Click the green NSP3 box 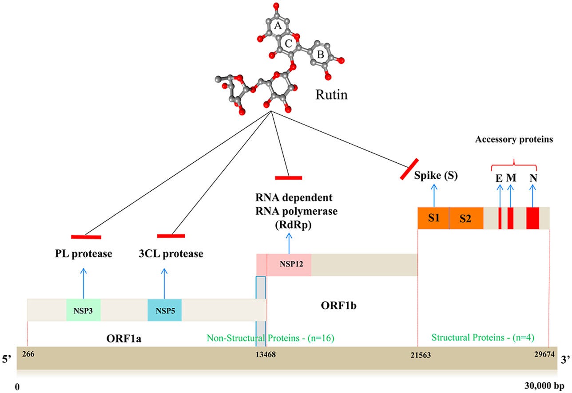pos(83,310)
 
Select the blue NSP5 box pos(165,310)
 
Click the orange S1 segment pos(433,218)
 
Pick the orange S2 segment pos(466,218)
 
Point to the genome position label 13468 pos(266,354)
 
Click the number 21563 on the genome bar pos(421,355)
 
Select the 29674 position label pos(544,354)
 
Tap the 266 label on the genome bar pos(28,354)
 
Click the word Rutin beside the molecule pos(331,94)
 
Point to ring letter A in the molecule pos(278,25)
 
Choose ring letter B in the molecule pos(321,54)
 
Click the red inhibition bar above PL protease pos(86,237)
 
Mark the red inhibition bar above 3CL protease pos(171,236)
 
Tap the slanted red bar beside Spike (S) pos(409,169)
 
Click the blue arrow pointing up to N pos(532,196)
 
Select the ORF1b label pos(338,306)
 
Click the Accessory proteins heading pos(514,139)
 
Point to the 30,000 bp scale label pos(544,386)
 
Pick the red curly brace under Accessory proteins pos(514,165)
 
